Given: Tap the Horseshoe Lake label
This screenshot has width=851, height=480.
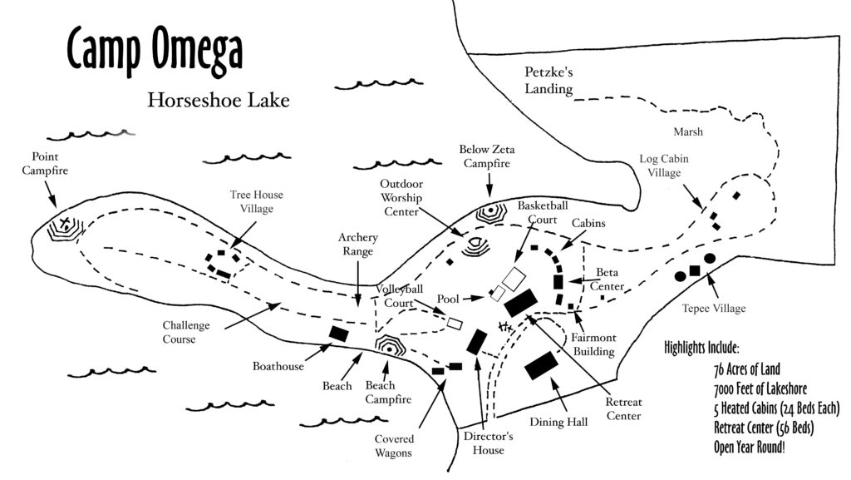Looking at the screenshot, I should click(x=219, y=101).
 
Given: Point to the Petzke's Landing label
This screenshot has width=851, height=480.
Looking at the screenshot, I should click(x=548, y=81).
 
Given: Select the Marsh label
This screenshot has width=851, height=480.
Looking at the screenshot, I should click(x=688, y=131).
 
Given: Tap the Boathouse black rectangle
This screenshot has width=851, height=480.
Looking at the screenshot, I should click(x=338, y=334).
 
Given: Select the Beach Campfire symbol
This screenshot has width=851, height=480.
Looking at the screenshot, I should click(x=389, y=344).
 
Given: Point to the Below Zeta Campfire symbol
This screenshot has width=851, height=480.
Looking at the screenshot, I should click(x=491, y=213).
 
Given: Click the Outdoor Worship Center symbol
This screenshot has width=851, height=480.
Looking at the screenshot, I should click(x=475, y=246).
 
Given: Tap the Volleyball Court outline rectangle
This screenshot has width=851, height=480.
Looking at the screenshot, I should click(x=455, y=322).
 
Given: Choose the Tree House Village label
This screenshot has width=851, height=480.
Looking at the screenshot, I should click(x=257, y=202).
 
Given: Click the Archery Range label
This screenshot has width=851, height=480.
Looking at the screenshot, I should click(x=358, y=245).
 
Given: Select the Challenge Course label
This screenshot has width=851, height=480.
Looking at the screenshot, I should click(x=186, y=332).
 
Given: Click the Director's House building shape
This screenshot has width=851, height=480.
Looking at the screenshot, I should click(x=477, y=342).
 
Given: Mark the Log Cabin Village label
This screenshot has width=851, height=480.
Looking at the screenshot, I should click(x=664, y=166).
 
